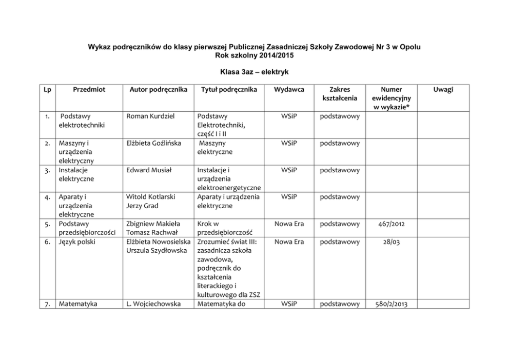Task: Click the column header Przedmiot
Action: point(89,89)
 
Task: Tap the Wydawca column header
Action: point(289,89)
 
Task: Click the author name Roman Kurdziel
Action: point(150,116)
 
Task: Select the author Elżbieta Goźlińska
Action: point(153,143)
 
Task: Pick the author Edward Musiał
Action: point(148,170)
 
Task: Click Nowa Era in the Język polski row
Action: point(289,242)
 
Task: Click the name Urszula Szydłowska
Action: point(157,250)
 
